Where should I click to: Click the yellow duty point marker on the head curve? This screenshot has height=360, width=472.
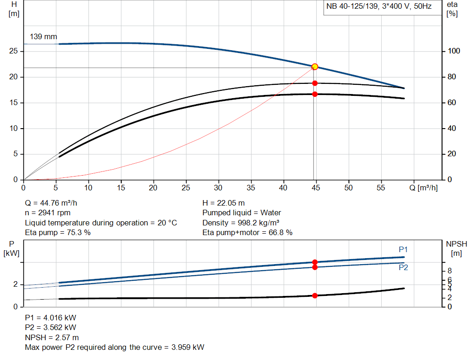pos(315,67)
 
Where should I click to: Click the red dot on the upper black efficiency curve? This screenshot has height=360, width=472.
pos(315,83)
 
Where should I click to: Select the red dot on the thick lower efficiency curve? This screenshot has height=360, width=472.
pos(315,94)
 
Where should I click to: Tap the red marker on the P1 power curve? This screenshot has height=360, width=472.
pos(315,262)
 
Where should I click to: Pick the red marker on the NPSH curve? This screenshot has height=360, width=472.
pos(315,295)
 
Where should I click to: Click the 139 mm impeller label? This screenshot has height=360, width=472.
pos(43,36)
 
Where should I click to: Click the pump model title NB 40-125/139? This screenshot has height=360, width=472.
pos(353,7)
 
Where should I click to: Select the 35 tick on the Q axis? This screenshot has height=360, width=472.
pos(251,188)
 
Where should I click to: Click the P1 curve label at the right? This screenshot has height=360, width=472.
pos(403,249)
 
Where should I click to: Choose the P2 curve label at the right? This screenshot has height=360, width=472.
pos(403,268)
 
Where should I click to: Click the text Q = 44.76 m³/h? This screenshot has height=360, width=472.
pos(54,203)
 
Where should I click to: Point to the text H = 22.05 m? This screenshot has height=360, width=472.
pos(224,203)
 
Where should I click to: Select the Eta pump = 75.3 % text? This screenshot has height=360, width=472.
pos(58,232)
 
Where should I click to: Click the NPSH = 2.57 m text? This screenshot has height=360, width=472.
pos(52,337)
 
